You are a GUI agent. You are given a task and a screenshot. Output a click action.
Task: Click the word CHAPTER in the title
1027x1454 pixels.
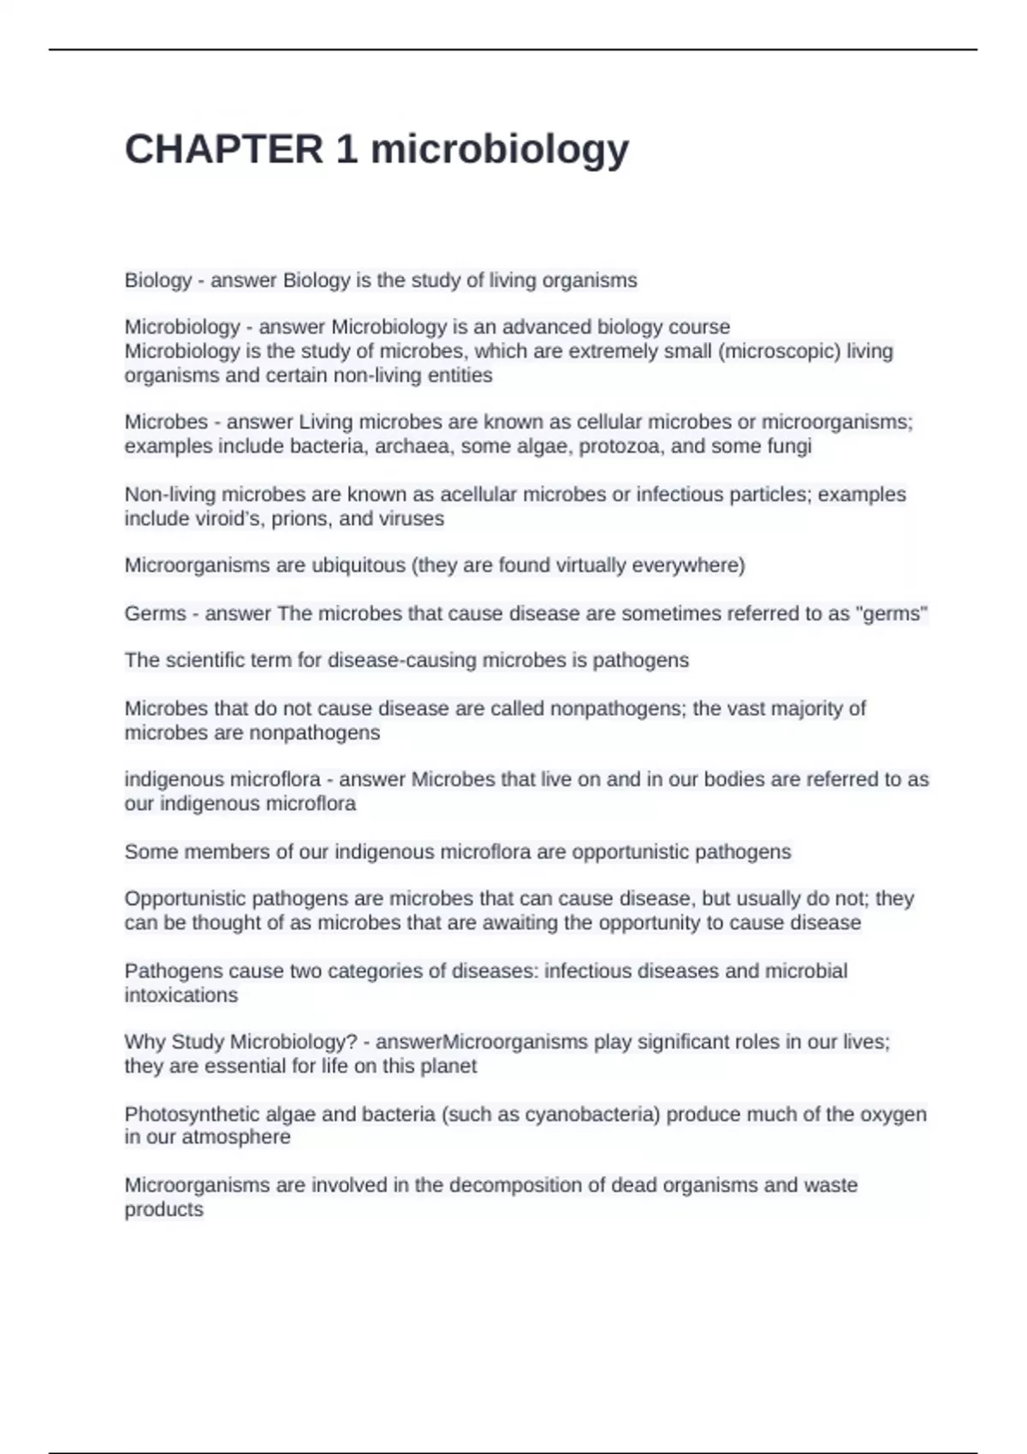tap(224, 150)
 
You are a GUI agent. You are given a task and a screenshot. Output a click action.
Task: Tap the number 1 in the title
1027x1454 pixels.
tap(347, 150)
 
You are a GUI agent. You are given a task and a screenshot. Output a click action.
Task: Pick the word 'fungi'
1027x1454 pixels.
tap(789, 446)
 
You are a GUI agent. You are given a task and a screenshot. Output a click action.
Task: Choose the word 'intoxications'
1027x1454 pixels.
tap(181, 996)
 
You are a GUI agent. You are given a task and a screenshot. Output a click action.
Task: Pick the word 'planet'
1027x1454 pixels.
tap(448, 1067)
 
